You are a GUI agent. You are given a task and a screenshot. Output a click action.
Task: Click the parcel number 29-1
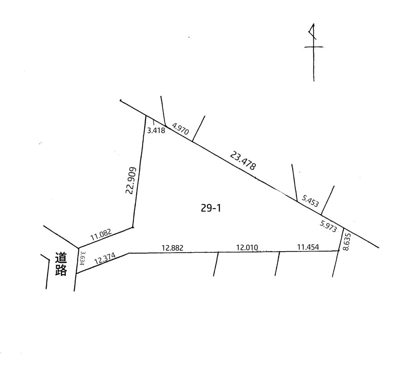click(211, 208)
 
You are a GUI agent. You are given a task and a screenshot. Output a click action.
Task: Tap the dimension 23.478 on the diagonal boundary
click(243, 161)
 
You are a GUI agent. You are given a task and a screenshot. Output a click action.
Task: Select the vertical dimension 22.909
click(130, 180)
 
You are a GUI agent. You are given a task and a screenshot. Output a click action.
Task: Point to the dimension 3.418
click(156, 131)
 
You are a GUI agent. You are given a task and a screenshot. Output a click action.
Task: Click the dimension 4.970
click(181, 129)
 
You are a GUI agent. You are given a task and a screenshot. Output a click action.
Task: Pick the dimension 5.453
click(311, 201)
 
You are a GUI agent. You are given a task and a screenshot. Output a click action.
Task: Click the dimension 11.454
click(308, 247)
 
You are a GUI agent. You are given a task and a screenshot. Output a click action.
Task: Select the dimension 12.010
click(247, 248)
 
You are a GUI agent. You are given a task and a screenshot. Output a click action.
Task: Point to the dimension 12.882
click(173, 248)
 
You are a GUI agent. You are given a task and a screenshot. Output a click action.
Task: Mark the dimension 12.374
click(105, 259)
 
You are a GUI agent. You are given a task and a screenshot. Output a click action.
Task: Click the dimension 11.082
click(101, 235)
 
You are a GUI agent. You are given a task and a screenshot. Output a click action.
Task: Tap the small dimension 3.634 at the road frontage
click(82, 258)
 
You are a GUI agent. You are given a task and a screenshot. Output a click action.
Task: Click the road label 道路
click(61, 264)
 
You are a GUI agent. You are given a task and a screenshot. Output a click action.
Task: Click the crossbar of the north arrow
click(314, 47)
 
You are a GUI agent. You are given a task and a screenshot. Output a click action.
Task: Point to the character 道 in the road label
click(61, 258)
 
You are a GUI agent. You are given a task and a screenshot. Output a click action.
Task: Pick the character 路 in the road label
click(61, 270)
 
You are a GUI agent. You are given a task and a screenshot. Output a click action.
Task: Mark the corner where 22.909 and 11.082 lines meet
click(133, 227)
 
